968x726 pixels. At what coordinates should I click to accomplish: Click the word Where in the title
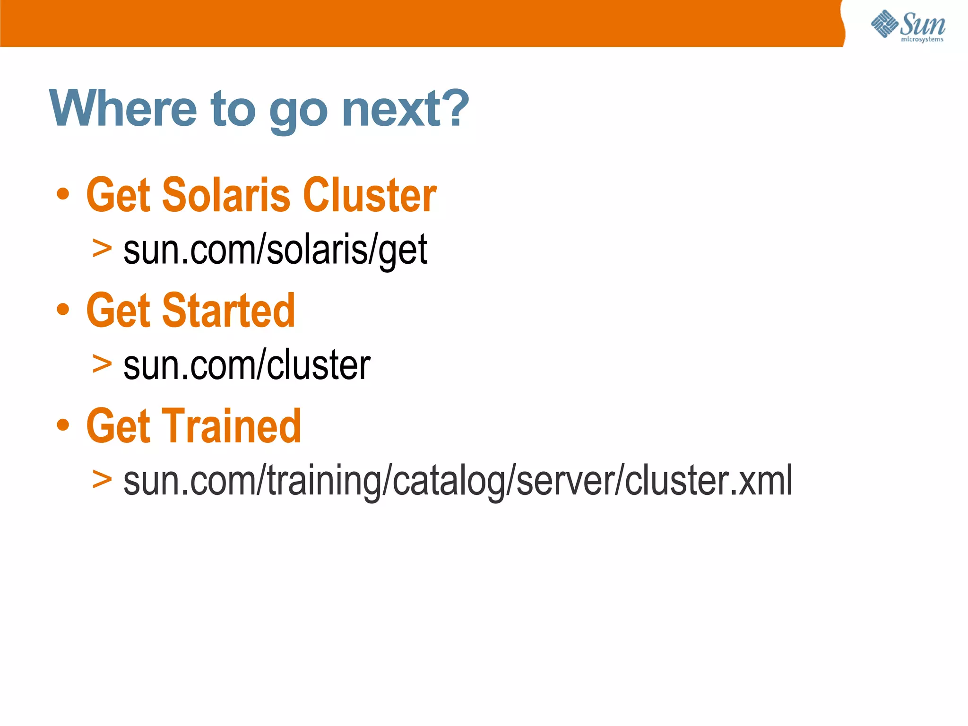123,109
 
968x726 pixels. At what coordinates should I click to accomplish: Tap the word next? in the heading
405,109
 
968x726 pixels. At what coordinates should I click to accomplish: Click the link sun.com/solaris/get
275,250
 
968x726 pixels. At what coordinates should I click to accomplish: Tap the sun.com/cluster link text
247,365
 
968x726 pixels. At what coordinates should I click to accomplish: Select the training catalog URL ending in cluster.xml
458,481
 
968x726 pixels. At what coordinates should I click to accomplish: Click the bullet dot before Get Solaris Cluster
63,194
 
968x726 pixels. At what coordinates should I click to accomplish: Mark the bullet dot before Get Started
63,310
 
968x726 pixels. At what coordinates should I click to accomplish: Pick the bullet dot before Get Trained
63,425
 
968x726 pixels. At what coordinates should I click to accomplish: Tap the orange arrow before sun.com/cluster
102,363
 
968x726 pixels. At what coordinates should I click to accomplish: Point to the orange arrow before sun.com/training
102,479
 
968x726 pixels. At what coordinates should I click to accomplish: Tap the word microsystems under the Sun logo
922,39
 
